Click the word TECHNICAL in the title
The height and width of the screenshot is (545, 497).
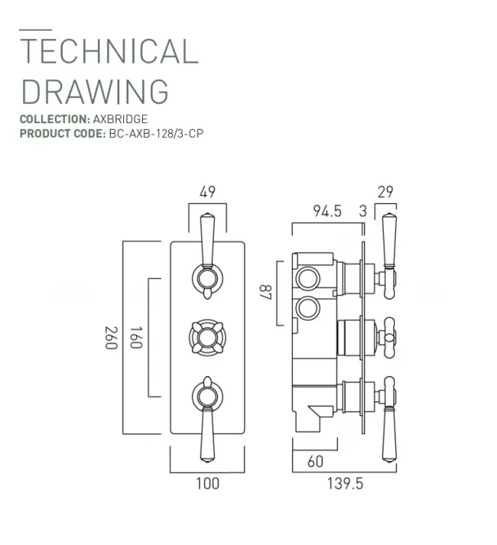pyautogui.click(x=109, y=51)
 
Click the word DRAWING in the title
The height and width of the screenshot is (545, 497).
pyautogui.click(x=94, y=91)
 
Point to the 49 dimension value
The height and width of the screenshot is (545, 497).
pyautogui.click(x=207, y=193)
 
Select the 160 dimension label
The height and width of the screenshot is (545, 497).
pyautogui.click(x=135, y=337)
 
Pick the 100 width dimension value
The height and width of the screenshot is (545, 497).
pyautogui.click(x=207, y=484)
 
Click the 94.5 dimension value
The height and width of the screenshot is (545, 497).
pyautogui.click(x=326, y=211)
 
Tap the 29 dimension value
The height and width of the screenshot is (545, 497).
pyautogui.click(x=386, y=193)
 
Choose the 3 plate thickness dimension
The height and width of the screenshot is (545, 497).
pyautogui.click(x=362, y=211)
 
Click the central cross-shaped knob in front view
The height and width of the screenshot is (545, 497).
pyautogui.click(x=207, y=337)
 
